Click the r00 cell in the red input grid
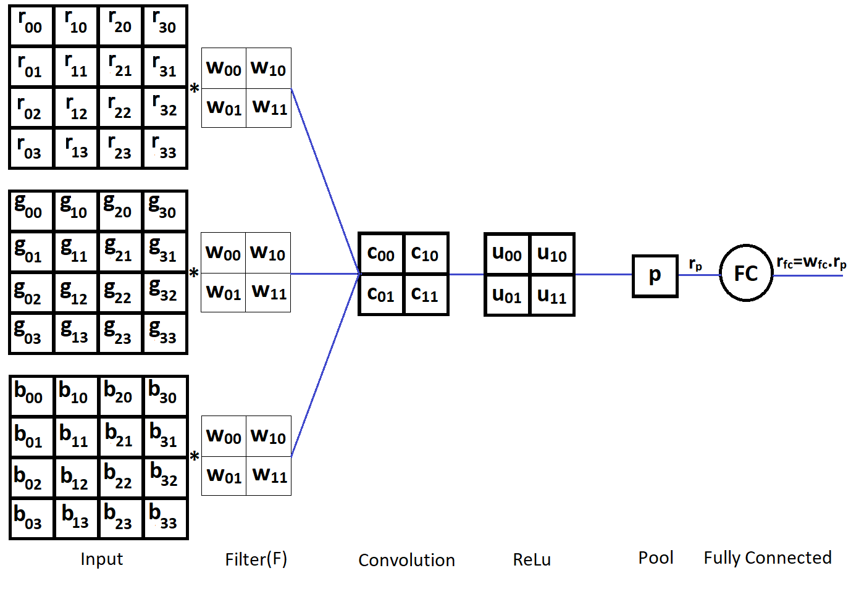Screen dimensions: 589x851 click(31, 25)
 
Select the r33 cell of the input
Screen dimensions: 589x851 click(165, 148)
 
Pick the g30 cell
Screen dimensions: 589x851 click(165, 211)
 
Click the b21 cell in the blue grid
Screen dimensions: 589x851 click(120, 436)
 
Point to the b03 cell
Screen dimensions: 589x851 click(31, 519)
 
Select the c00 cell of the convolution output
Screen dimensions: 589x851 click(381, 253)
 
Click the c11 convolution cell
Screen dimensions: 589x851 click(425, 294)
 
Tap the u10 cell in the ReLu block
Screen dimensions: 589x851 click(552, 254)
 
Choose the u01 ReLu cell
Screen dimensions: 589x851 click(507, 295)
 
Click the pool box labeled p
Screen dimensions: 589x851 click(655, 275)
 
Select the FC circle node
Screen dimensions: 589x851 click(746, 274)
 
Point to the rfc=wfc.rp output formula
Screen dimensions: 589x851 click(811, 263)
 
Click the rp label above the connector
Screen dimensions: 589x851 click(695, 264)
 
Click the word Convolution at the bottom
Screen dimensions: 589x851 click(406, 560)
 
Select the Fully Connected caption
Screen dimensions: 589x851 click(768, 558)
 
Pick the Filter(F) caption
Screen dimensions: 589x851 click(256, 559)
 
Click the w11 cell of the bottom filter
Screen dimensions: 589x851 click(269, 475)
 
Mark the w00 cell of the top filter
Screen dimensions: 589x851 click(224, 68)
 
